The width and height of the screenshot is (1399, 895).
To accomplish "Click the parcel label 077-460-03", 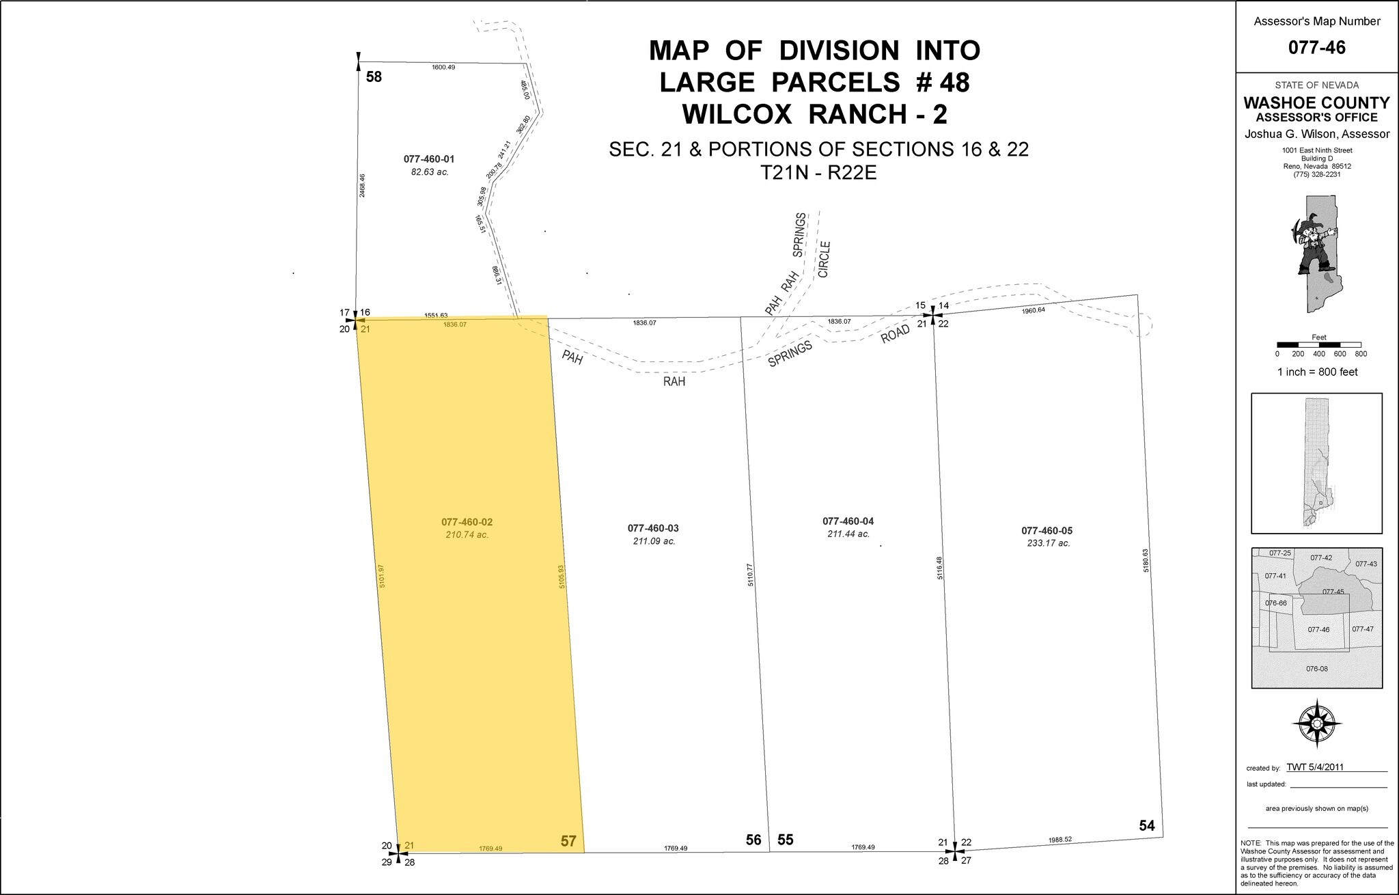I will coord(652,528).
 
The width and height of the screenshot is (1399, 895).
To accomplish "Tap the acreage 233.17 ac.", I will coord(1048,543).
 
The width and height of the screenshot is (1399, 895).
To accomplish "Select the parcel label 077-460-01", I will coord(429,159).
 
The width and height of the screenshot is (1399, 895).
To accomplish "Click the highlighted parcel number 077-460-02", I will coord(467,522).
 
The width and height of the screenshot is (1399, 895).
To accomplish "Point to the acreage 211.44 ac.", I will coord(848,534).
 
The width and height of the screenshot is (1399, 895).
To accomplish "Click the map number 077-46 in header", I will coord(1316,48).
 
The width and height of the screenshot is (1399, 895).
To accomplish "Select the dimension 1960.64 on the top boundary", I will coord(1034,310).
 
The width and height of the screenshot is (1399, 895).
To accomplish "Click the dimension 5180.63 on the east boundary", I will coord(1146,560).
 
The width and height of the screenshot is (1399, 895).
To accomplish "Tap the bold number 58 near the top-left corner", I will coord(374,77).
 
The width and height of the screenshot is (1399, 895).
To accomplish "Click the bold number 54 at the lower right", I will coord(1147,826).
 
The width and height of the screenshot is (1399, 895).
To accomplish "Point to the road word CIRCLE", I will coord(824,259).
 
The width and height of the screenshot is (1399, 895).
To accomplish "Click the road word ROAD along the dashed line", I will coord(896,333).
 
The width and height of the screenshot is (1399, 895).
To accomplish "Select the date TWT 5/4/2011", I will coord(1315,767).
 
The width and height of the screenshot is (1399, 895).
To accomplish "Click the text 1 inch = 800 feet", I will coord(1317,372).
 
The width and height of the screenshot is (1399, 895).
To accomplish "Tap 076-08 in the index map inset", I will coord(1316,668).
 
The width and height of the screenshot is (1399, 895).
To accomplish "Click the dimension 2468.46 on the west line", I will coord(362,186).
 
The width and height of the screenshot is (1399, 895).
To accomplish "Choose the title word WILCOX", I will coord(738,114).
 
